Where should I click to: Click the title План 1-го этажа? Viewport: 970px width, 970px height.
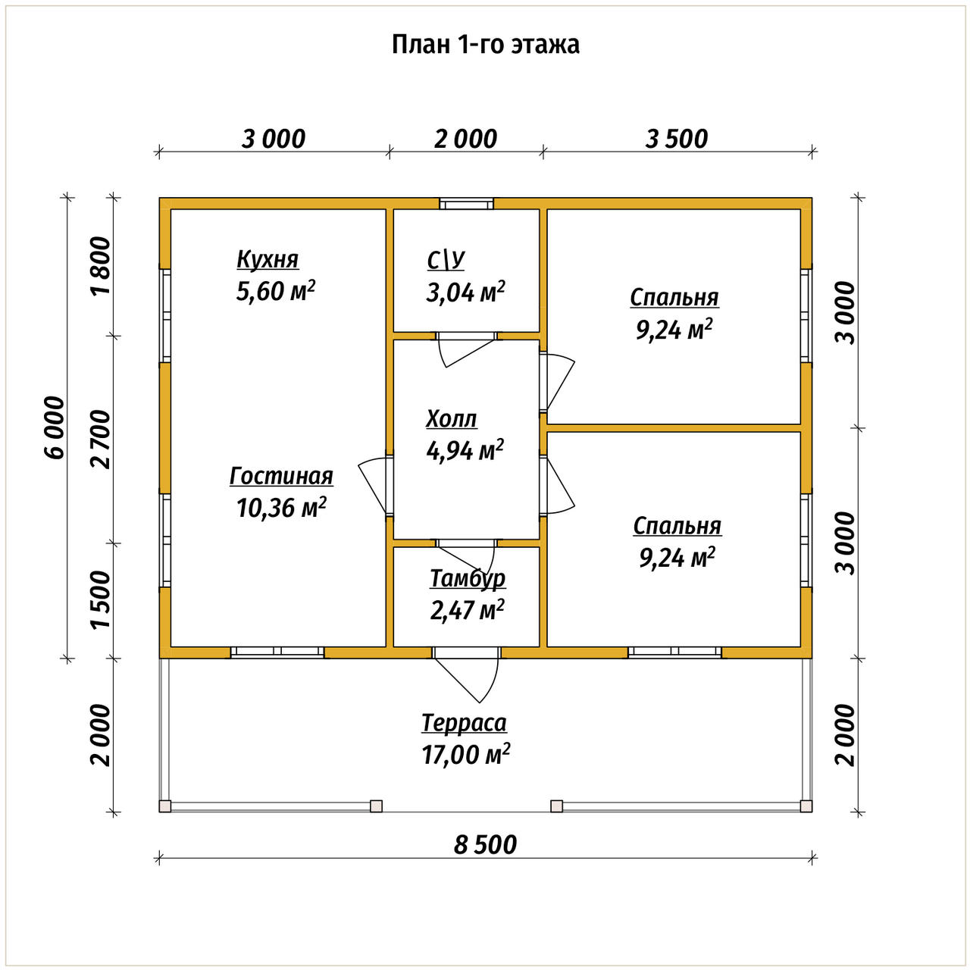(x=485, y=45)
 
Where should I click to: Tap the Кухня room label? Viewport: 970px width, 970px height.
(x=268, y=260)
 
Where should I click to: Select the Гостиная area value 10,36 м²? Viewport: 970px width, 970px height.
(x=281, y=508)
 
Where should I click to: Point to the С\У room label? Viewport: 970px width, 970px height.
(x=446, y=261)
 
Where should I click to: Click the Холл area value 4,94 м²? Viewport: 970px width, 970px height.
(x=465, y=450)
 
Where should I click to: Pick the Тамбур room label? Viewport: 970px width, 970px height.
(x=468, y=579)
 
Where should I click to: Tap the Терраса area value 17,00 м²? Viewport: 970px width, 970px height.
(x=465, y=754)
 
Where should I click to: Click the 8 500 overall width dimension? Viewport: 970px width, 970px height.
(x=485, y=845)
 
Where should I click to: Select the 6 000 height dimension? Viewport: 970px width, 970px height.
(x=55, y=427)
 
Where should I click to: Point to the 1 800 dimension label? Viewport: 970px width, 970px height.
(x=101, y=266)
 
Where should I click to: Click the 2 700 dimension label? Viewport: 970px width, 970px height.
(x=101, y=440)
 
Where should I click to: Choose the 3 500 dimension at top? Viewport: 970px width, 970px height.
(x=677, y=139)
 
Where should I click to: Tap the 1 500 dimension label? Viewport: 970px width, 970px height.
(x=101, y=599)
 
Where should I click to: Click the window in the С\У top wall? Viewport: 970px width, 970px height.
(x=466, y=204)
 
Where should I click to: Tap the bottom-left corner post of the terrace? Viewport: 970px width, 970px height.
(x=165, y=806)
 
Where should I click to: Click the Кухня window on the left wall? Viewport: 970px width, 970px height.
(x=165, y=315)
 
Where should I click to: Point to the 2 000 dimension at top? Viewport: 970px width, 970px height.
(x=465, y=139)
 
